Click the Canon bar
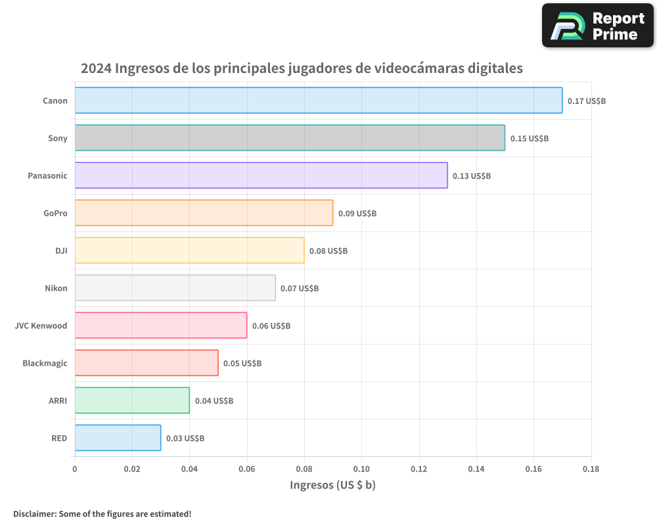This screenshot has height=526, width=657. point(319,101)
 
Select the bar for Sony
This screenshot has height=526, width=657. point(290,138)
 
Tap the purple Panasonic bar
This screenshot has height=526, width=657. point(261,176)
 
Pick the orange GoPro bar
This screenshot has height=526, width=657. point(204,213)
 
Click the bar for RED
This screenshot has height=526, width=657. point(118,438)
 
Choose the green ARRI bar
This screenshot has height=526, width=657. point(132,400)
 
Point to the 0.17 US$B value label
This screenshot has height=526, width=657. point(587,101)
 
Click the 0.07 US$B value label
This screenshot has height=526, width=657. point(300,289)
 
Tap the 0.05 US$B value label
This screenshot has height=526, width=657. point(242,364)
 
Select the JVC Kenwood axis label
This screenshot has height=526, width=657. point(41,325)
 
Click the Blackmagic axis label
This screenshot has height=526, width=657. point(45,363)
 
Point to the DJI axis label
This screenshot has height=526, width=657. point(61,251)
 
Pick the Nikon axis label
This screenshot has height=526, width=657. point(56,288)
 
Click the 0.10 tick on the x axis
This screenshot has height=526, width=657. point(361,469)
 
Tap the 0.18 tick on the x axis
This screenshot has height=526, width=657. point(591,469)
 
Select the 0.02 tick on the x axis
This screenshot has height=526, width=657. point(132,469)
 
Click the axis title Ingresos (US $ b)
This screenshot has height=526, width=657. point(332,485)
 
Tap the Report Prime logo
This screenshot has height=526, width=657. point(598,26)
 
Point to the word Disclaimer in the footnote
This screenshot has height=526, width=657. point(34,514)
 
